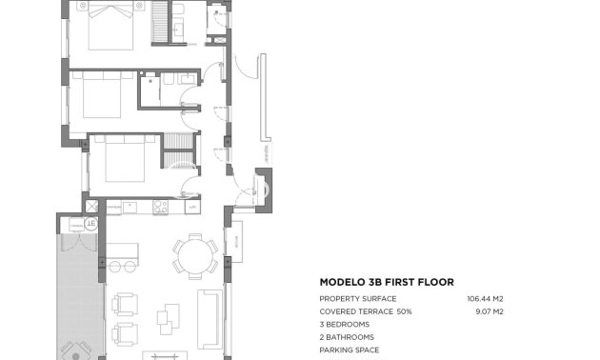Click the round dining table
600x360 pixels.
(x=195, y=255)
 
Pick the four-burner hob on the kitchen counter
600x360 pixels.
(x=160, y=207)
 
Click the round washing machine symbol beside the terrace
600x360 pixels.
(x=91, y=224)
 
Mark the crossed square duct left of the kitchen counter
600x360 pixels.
(x=92, y=206)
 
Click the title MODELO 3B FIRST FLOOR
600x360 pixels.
(x=386, y=282)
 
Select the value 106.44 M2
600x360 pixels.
(x=485, y=299)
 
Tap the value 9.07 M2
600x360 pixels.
(x=488, y=311)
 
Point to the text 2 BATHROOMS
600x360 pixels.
(x=347, y=337)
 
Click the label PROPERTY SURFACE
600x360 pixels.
(x=356, y=299)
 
